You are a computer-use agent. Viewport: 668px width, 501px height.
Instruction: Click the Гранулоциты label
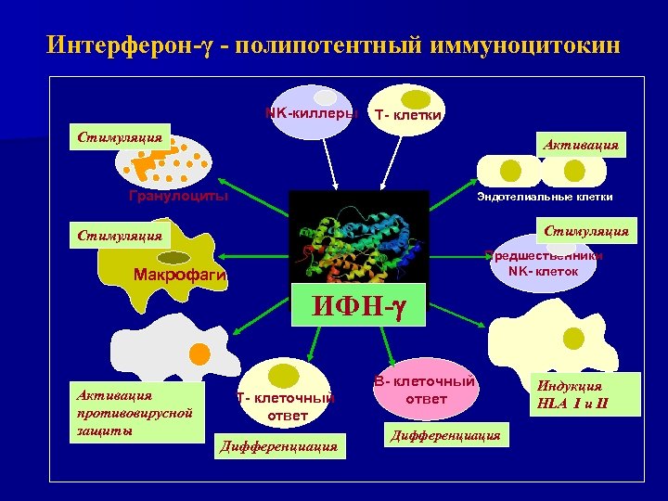pos(177,196)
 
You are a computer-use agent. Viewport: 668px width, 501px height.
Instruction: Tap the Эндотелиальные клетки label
pos(544,197)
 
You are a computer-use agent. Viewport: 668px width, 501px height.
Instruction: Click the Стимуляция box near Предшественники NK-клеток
pos(585,230)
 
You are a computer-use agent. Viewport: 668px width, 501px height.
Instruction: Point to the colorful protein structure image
pos(359,238)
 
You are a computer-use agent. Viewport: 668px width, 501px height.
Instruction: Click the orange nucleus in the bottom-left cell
pos(199,353)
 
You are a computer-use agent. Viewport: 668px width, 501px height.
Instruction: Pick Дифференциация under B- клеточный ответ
pos(445,434)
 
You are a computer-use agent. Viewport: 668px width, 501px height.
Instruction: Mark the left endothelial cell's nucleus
pos(509,171)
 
